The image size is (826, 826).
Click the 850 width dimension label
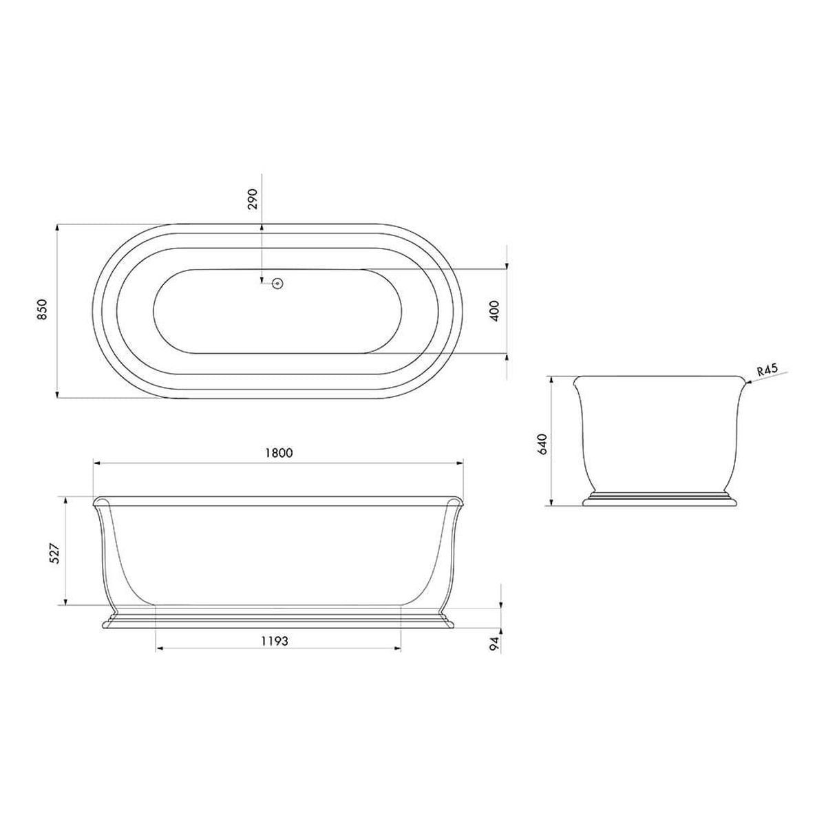tap(42, 310)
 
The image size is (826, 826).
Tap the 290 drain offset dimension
tap(253, 198)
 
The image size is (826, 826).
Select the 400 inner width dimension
tap(494, 311)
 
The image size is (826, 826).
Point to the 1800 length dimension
tap(279, 453)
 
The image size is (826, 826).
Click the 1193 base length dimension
tap(275, 642)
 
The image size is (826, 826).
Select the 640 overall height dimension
tap(542, 444)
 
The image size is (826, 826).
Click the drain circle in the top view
tap(278, 283)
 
